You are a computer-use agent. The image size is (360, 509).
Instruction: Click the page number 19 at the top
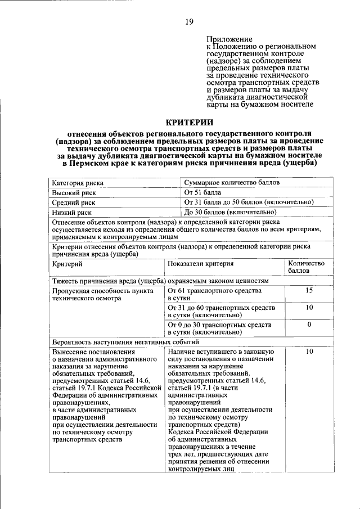click(x=189, y=22)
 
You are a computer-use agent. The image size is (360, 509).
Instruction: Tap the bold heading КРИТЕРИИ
click(x=189, y=122)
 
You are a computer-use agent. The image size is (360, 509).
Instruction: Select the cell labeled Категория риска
click(x=78, y=183)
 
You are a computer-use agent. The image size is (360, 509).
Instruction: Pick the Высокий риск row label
click(x=74, y=192)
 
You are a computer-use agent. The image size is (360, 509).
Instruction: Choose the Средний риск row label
click(x=74, y=202)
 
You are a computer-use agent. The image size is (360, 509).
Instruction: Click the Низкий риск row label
click(x=72, y=213)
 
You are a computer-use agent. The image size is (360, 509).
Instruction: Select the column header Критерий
click(x=67, y=263)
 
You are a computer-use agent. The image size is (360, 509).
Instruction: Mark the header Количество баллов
click(x=306, y=267)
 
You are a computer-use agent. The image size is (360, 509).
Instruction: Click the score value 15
click(x=309, y=291)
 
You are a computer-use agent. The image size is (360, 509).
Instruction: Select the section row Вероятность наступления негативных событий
click(x=125, y=341)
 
